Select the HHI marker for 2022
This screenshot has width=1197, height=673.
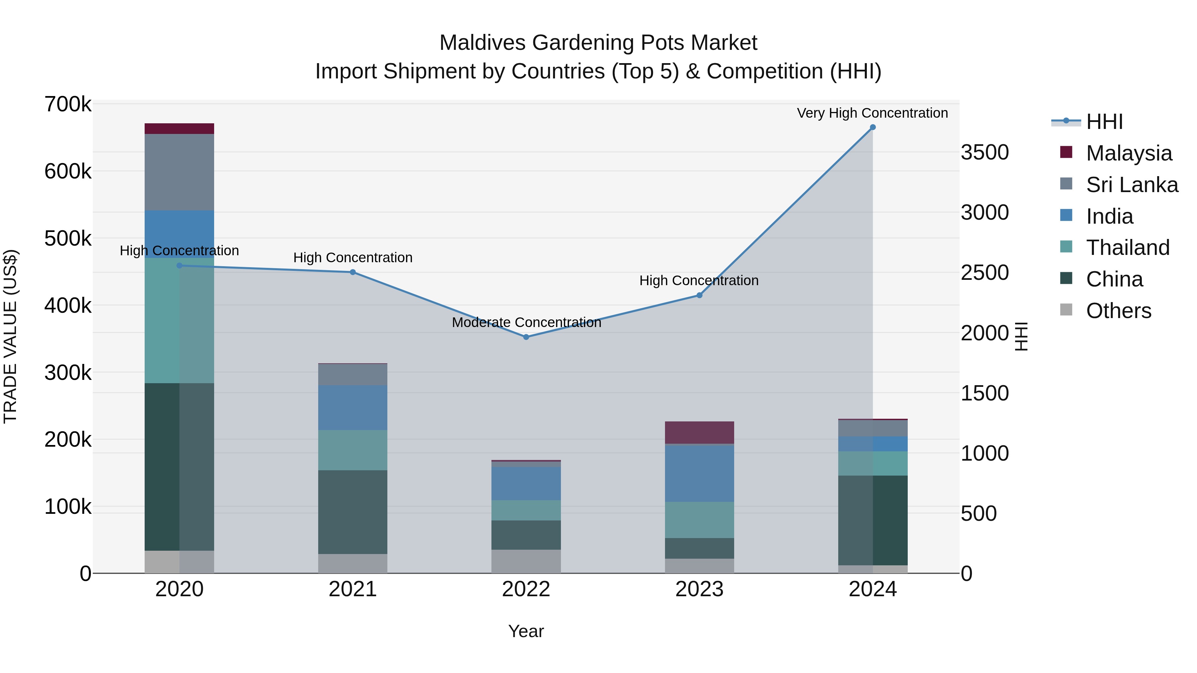(x=526, y=337)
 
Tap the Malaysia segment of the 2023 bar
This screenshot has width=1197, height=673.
(x=699, y=432)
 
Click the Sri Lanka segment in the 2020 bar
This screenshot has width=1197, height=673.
(x=179, y=172)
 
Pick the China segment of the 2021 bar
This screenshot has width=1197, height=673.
(x=353, y=512)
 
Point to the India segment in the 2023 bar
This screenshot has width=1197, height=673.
(x=699, y=473)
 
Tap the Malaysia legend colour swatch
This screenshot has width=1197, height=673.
(x=1066, y=152)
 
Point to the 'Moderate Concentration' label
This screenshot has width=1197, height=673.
(x=526, y=322)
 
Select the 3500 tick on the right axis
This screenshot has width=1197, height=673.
(x=985, y=152)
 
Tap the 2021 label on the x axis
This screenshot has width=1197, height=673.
(x=353, y=589)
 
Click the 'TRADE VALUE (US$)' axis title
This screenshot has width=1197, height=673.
(x=10, y=336)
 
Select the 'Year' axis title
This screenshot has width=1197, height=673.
(x=526, y=631)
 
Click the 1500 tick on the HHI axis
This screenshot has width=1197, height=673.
(x=985, y=393)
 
